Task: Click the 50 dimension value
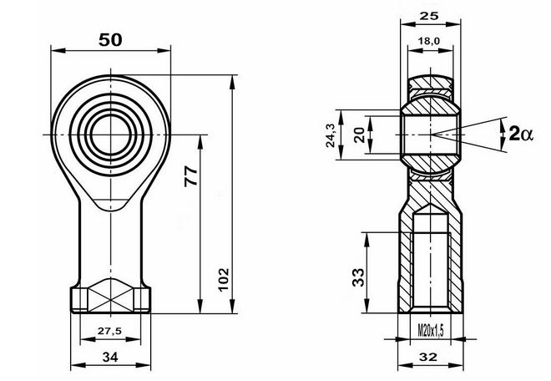point(110,40)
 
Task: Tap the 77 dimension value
point(191,176)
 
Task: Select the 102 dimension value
point(224,280)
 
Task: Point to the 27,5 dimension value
point(109,331)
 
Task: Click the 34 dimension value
point(110,358)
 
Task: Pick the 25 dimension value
point(429,16)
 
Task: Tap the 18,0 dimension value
point(429,41)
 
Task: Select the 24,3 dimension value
point(331,135)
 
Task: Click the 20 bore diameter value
point(360,135)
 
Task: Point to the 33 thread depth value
point(358,277)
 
